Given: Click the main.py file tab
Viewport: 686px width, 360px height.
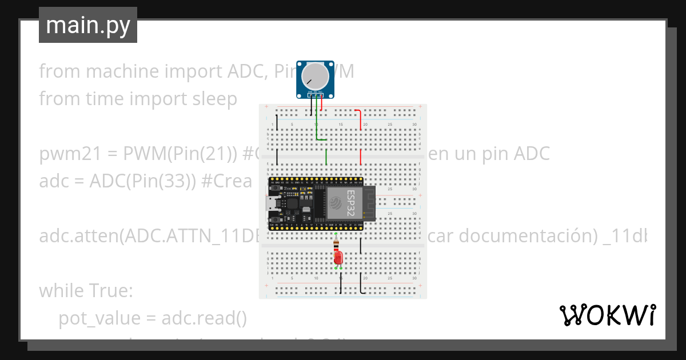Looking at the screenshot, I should (88, 25).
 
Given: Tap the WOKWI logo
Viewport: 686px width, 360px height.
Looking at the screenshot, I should (607, 315).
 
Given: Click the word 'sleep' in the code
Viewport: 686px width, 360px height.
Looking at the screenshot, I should (213, 99).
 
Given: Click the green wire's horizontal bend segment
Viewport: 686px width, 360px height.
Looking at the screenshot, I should (321, 139).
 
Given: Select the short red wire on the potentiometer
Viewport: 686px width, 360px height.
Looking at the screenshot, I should (321, 103).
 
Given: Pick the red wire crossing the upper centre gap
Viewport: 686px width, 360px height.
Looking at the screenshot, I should (361, 157).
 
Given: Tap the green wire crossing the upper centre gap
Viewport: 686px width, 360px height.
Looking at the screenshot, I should (326, 157).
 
